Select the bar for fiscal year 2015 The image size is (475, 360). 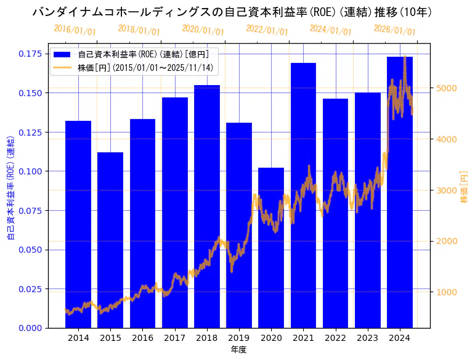(110, 240)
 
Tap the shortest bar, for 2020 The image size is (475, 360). (271, 247)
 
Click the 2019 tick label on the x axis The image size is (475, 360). (239, 338)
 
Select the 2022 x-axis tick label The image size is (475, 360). (335, 338)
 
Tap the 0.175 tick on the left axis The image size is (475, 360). (30, 54)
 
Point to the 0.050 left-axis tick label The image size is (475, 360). (30, 250)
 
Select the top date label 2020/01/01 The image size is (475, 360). (203, 30)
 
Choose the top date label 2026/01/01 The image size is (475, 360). (395, 31)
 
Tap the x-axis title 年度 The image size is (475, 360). (239, 350)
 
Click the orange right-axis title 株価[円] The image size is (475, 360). (464, 187)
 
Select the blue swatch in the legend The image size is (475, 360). (62, 54)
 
